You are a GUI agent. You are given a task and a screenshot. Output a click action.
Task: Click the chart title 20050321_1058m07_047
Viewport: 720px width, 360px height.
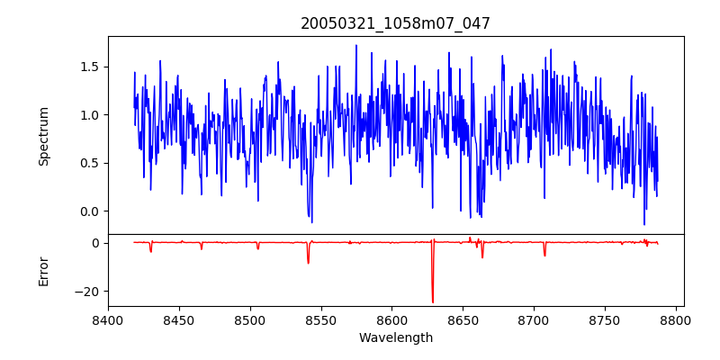(395, 23)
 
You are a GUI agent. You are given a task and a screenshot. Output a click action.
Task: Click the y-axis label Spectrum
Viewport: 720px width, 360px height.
(43, 136)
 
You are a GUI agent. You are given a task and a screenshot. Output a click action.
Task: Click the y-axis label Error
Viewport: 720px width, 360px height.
(43, 271)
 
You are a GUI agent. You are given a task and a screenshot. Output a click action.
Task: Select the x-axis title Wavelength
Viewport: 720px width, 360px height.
(395, 338)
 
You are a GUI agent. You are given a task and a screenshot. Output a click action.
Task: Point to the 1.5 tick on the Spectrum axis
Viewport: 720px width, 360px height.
(89, 67)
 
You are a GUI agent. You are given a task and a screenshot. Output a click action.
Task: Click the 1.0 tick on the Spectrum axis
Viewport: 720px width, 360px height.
(89, 115)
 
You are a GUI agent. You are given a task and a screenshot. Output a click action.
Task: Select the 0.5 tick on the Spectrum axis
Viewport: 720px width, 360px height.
(89, 163)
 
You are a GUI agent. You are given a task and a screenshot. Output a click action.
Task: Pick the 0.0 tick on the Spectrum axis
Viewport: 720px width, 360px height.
(89, 211)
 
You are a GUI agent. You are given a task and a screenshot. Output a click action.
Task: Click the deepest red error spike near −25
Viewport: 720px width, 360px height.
(433, 301)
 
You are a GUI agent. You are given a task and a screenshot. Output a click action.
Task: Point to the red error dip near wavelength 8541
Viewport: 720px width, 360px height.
(308, 262)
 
